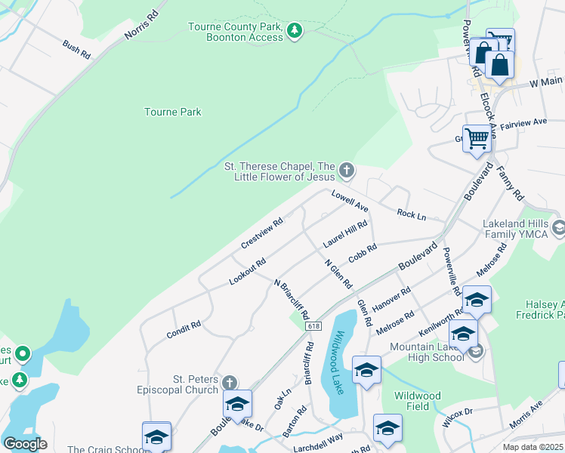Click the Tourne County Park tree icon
pos(295,31)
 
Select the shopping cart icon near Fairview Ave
pos(477,138)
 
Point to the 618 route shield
pos(313,326)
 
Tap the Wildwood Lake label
pos(341,362)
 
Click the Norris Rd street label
pos(143,26)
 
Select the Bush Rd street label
pos(77,50)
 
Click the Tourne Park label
pos(173,112)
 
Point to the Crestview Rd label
pos(261,234)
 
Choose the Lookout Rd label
pos(248,273)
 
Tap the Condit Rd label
pos(184,330)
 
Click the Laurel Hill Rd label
pos(345,235)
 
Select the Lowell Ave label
pos(350,201)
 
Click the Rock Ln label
pos(411,215)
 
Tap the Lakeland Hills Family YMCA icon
pos(558,226)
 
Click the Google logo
pos(25,444)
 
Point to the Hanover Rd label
pos(391,300)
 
